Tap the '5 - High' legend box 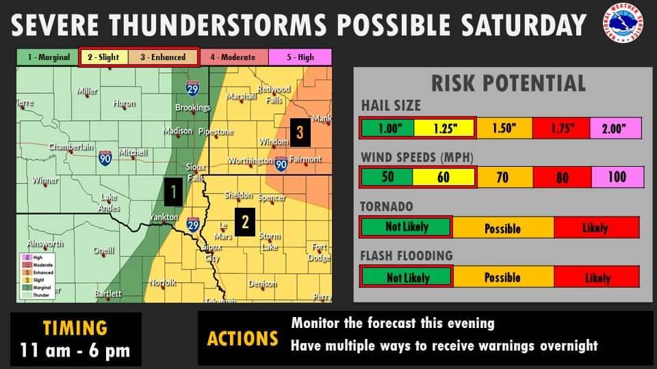click(x=300, y=57)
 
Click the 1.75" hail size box click(x=562, y=128)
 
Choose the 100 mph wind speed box click(x=617, y=178)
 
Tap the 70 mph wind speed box click(x=502, y=178)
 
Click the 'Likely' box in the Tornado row click(x=596, y=228)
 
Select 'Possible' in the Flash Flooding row click(x=502, y=277)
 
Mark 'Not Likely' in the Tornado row click(x=406, y=227)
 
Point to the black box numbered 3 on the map click(x=299, y=131)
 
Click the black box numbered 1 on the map click(x=174, y=193)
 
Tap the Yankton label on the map click(x=164, y=218)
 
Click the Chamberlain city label click(x=70, y=147)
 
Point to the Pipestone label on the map click(x=216, y=131)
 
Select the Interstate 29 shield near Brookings click(x=192, y=88)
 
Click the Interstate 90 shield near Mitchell click(x=105, y=157)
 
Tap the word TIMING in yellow click(x=75, y=328)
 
